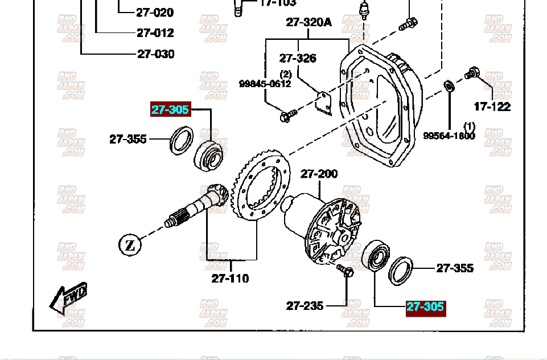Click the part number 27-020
155,12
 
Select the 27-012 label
155,33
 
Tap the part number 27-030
155,54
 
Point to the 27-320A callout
309,22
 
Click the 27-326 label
297,58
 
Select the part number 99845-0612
265,84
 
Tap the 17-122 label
492,107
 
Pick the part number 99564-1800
449,136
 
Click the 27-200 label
319,174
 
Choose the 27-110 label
230,279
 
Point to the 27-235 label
305,306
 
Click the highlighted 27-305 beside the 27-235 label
425,307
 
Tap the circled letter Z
130,246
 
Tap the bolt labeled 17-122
471,73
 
